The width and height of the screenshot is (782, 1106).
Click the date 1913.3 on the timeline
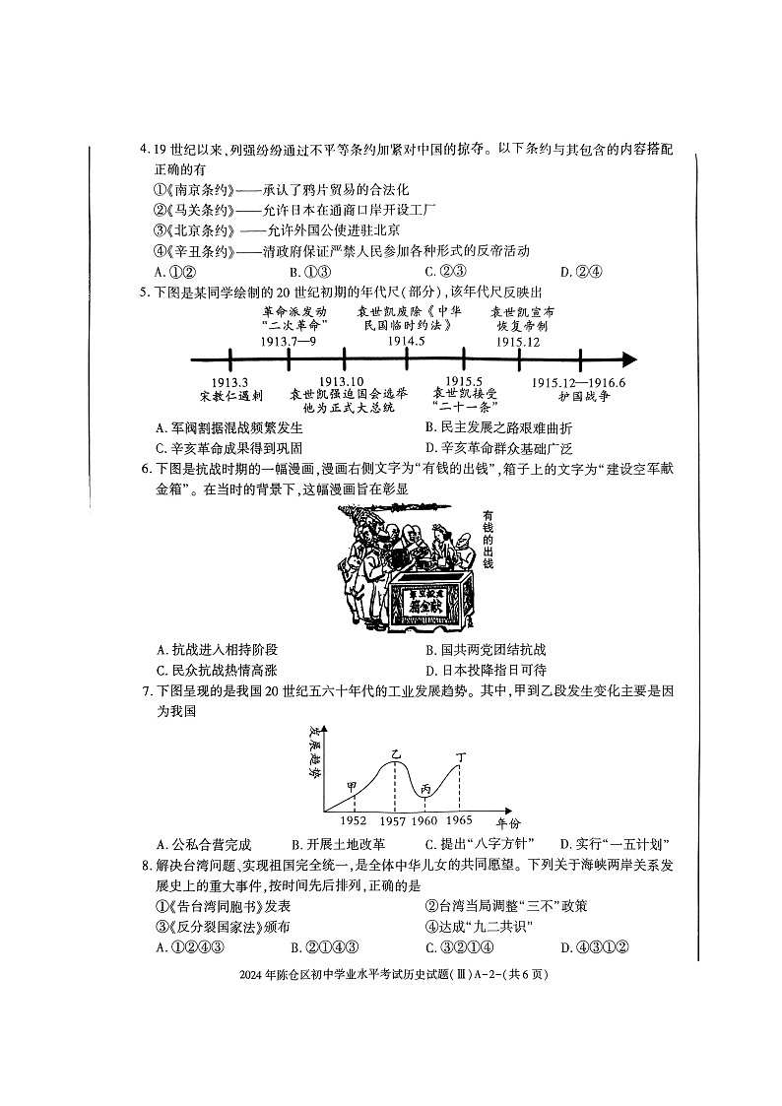click(x=229, y=381)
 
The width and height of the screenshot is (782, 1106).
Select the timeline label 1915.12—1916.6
click(x=579, y=382)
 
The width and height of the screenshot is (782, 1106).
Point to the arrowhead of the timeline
click(x=629, y=359)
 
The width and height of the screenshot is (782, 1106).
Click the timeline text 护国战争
click(x=578, y=396)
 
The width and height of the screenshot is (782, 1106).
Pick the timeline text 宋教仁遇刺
click(x=230, y=396)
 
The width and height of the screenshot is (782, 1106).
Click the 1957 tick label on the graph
click(x=393, y=820)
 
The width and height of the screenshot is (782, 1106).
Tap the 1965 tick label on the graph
click(x=459, y=820)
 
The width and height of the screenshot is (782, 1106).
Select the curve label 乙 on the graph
click(x=396, y=753)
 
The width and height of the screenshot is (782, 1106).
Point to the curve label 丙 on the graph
click(x=425, y=788)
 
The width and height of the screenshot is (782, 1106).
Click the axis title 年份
click(x=506, y=822)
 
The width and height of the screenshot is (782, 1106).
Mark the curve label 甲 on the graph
click(x=352, y=787)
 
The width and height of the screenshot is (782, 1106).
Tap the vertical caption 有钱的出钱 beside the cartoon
click(x=488, y=540)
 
